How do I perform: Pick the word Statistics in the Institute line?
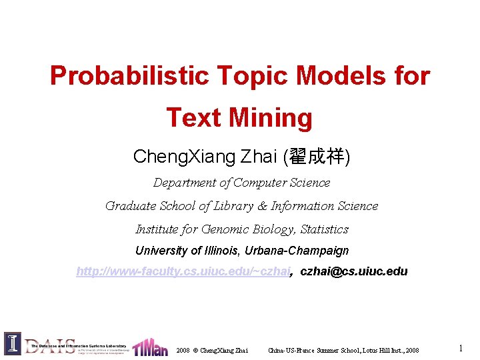point(324,229)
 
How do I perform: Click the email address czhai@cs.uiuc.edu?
point(354,271)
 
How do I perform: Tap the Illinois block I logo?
point(12,344)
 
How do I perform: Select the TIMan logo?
point(150,347)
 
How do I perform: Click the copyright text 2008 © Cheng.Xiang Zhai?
point(212,350)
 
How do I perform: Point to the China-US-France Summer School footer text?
point(343,350)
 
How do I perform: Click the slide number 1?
point(461,348)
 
